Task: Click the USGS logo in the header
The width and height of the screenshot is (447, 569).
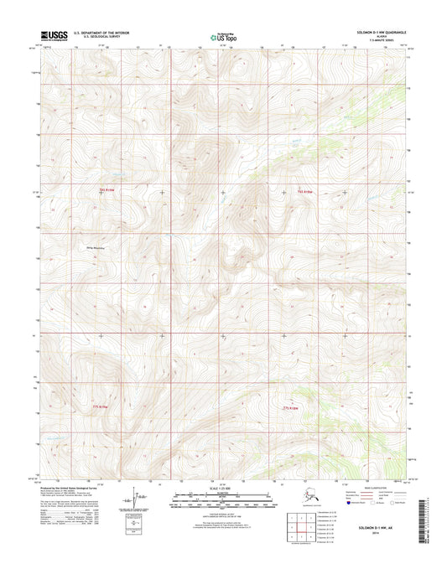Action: click(52, 36)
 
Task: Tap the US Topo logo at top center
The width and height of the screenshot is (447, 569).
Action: click(223, 37)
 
